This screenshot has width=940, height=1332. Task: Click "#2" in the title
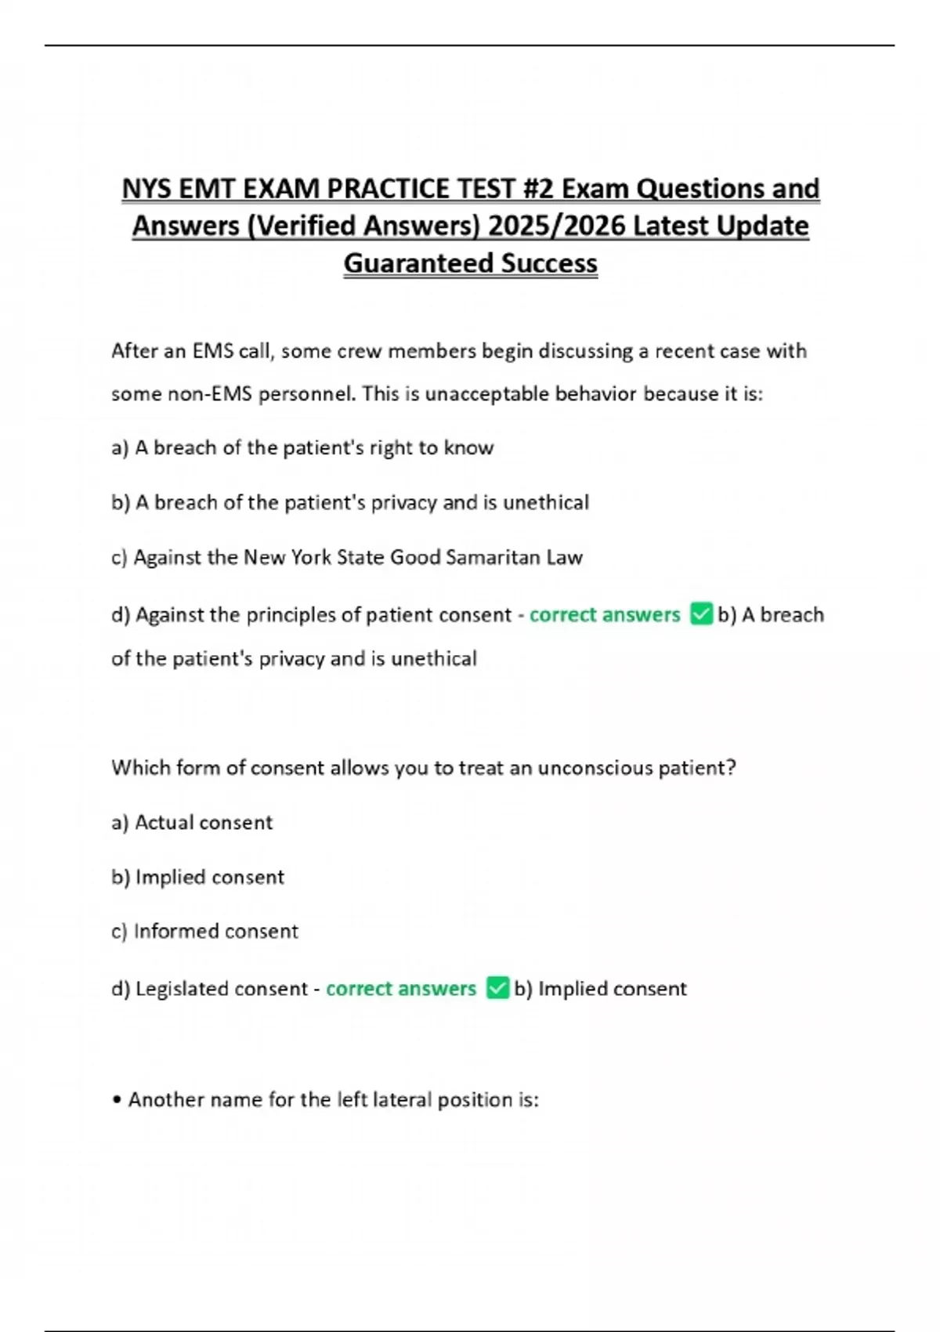[x=536, y=189]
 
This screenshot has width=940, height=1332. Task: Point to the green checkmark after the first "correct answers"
[x=701, y=614]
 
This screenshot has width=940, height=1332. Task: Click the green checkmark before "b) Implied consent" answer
[x=497, y=987]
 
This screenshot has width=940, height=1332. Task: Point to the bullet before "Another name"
[x=117, y=1100]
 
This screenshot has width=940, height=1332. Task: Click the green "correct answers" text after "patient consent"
[x=605, y=614]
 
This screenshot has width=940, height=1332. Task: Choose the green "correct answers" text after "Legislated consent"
[x=401, y=989]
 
